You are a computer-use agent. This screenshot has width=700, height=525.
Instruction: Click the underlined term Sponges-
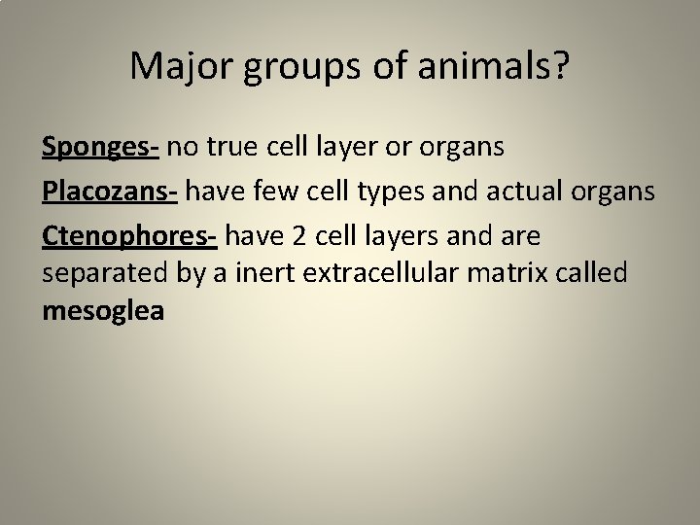[x=101, y=148]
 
